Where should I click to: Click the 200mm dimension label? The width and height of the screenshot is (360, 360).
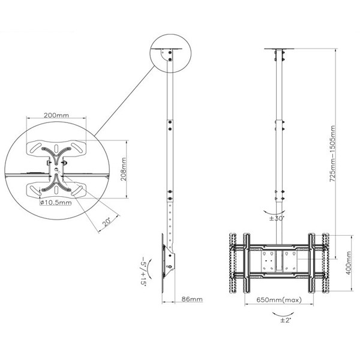tap(56, 115)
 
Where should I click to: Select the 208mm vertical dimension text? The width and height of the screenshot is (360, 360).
tap(124, 169)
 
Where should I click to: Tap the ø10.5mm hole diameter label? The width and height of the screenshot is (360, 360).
tap(56, 203)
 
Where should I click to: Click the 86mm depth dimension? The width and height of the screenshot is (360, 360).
tap(192, 299)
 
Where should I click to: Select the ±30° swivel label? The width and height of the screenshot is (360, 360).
tap(277, 218)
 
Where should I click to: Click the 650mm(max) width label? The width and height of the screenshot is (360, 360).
tap(279, 299)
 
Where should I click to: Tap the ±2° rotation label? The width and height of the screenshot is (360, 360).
tap(286, 320)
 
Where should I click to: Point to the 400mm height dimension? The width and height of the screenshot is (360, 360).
tap(348, 263)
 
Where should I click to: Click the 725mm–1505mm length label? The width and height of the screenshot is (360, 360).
tap(332, 154)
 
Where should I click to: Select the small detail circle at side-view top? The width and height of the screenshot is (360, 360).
tap(170, 53)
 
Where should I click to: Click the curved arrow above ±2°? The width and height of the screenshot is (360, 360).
tap(283, 314)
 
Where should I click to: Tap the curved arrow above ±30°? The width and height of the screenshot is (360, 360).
tap(274, 212)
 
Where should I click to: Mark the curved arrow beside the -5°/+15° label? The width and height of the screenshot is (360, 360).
tap(149, 268)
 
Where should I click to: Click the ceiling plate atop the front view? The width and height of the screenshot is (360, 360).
tap(279, 49)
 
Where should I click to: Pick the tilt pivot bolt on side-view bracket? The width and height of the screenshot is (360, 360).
tap(170, 266)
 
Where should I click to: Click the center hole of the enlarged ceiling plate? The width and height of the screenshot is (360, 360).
tap(56, 169)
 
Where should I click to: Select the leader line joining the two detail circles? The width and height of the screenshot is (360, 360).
tap(124, 101)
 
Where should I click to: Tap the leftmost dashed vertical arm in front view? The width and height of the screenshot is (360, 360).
tap(233, 263)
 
